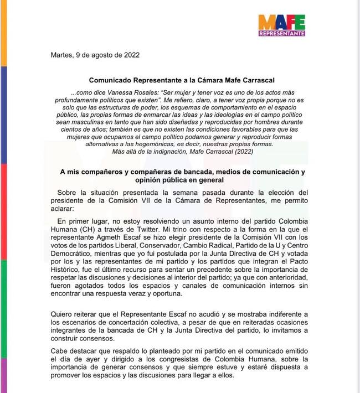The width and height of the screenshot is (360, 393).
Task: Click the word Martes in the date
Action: point(61,55)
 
